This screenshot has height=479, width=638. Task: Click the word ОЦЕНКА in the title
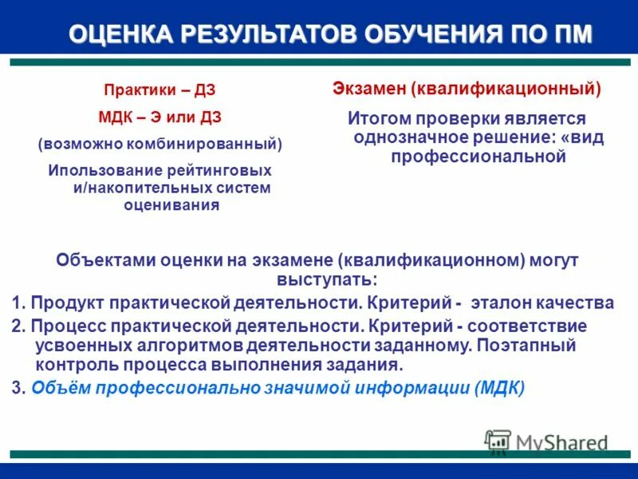click(x=117, y=35)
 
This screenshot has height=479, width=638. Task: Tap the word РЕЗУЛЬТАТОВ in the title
click(x=264, y=35)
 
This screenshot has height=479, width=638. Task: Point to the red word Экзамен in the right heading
click(x=368, y=89)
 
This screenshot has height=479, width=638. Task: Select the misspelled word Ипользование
click(x=104, y=171)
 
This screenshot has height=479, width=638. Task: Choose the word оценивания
click(x=171, y=204)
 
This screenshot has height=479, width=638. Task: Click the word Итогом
click(x=378, y=118)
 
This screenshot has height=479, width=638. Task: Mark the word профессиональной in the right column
click(x=478, y=156)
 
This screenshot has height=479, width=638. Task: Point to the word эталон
click(x=498, y=303)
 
